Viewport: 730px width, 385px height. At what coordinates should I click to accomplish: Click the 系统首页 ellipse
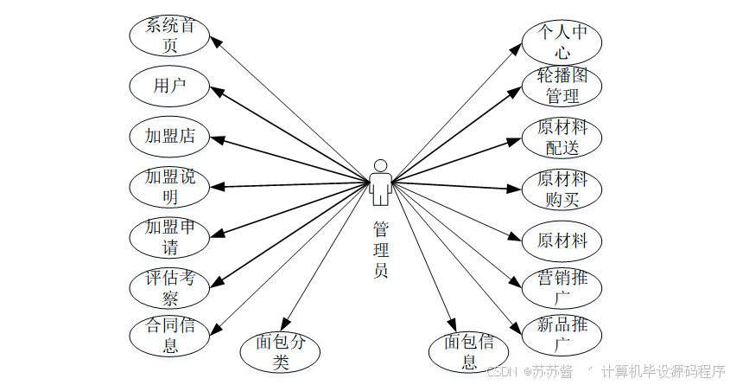click(x=169, y=35)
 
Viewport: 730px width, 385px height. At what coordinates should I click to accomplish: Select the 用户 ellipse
click(x=169, y=86)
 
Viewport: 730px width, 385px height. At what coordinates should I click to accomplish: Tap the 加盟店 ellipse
click(x=169, y=136)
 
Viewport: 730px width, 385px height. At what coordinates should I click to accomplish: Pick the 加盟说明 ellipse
click(x=169, y=186)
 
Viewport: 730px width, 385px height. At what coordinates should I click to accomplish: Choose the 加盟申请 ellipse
click(x=169, y=236)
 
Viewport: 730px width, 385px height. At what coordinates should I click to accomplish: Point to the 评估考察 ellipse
click(x=169, y=287)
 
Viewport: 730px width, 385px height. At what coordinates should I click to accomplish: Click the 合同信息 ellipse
click(x=169, y=336)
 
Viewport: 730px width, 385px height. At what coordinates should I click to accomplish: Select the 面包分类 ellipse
click(x=279, y=351)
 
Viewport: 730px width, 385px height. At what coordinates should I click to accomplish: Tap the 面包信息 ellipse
click(x=469, y=351)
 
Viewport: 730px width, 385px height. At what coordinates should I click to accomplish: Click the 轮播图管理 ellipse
click(x=562, y=86)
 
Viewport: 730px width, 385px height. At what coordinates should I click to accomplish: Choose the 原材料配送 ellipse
click(x=562, y=138)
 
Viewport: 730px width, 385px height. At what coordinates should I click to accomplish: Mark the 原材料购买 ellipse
click(x=562, y=189)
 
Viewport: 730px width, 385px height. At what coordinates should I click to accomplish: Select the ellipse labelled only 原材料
click(x=562, y=240)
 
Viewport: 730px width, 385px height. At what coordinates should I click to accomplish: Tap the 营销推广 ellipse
click(x=562, y=289)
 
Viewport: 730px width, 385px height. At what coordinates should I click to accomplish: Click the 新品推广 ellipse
click(x=562, y=336)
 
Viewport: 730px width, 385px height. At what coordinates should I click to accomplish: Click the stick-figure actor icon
click(x=380, y=182)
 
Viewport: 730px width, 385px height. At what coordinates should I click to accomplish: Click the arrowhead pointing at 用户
click(x=218, y=88)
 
